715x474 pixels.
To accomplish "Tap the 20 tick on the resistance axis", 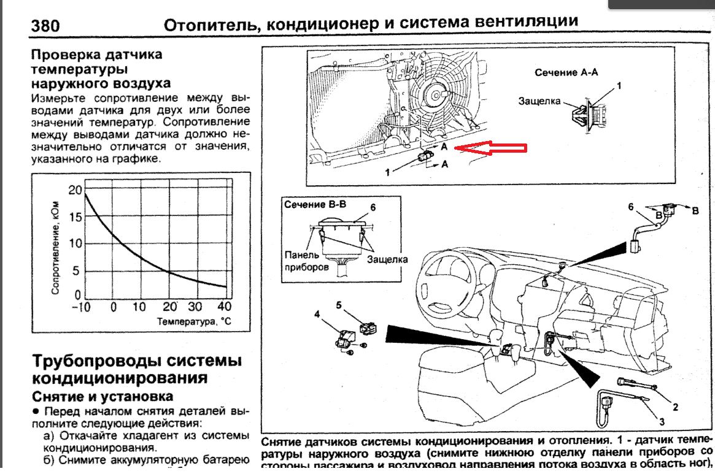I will (x=75, y=189).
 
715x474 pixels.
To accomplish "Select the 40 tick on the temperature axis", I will (x=224, y=306).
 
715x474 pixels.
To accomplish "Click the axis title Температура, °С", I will (x=195, y=321).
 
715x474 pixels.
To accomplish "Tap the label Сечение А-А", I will (x=566, y=72).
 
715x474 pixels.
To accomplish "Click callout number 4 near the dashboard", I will (x=317, y=315).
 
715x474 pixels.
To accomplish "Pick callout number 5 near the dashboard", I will (x=338, y=304).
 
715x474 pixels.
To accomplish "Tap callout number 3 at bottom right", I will (x=662, y=421).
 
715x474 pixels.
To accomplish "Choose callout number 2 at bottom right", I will (x=675, y=406).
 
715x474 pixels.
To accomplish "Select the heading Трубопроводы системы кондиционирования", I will (x=136, y=368).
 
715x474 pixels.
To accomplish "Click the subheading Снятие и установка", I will (x=102, y=396).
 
